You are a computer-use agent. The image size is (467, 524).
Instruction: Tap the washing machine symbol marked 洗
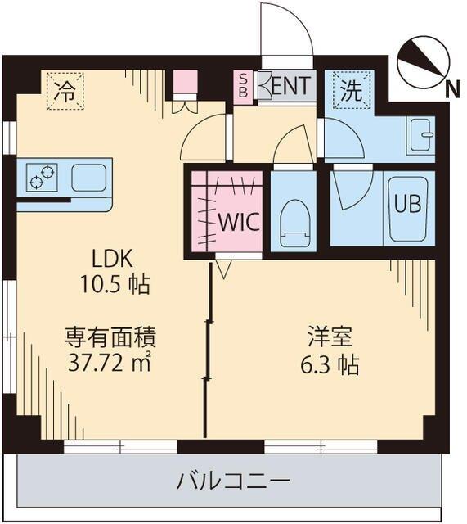[x=351, y=91]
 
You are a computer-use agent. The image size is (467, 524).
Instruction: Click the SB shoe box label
[x=243, y=86]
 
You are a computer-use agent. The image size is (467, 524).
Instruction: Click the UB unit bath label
[x=409, y=205]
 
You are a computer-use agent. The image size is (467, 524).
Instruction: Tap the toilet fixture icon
[x=293, y=223]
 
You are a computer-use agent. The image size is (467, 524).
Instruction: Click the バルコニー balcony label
[x=233, y=481]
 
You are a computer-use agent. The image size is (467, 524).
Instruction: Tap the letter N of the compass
[x=451, y=92]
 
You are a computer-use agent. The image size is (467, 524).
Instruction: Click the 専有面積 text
[x=111, y=336]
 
